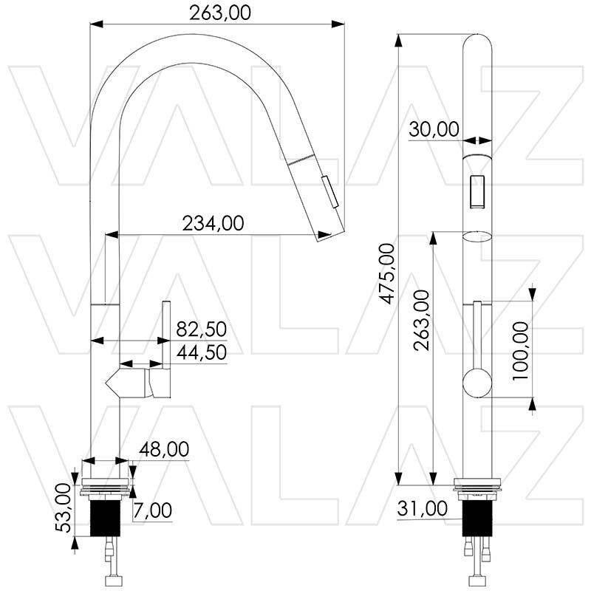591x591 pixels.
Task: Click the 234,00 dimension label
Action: point(213,223)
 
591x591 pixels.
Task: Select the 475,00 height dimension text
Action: point(386,273)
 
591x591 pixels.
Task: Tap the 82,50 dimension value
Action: point(201,329)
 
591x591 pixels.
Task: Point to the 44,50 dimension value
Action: point(201,352)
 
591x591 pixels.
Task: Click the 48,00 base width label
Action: point(164,449)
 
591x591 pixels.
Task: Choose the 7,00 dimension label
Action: point(153,510)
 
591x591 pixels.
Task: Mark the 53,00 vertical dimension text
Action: point(64,508)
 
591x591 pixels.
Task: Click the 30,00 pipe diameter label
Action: point(434,129)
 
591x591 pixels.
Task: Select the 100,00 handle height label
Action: point(520,351)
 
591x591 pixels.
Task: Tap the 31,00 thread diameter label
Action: point(422,508)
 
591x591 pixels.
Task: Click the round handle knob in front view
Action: point(477,383)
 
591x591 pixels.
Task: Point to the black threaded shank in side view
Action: point(105,519)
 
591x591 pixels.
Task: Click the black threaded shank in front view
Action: point(477,519)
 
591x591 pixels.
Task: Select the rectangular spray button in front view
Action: point(477,191)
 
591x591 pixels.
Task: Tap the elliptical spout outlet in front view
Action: point(477,236)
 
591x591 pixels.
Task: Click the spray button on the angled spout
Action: point(329,192)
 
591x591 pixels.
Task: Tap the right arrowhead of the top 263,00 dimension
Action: point(338,24)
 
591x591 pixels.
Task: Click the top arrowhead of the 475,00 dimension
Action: point(397,41)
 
